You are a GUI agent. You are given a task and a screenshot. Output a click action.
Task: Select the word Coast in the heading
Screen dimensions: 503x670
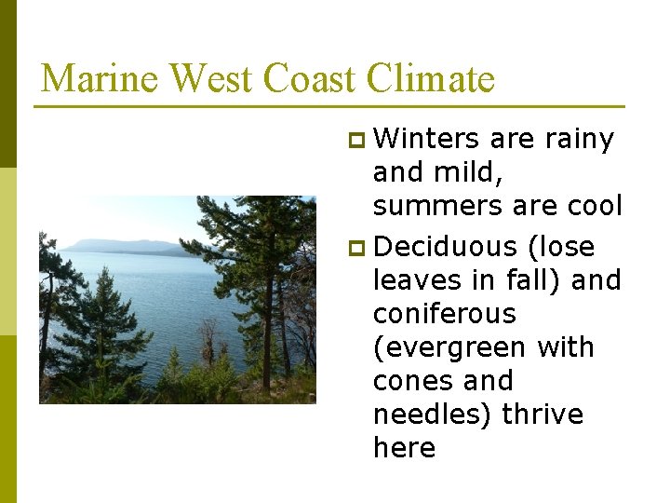click(310, 78)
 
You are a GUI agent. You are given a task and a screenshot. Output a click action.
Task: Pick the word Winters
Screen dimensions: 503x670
click(427, 139)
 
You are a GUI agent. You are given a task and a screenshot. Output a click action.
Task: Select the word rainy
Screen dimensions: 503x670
click(578, 139)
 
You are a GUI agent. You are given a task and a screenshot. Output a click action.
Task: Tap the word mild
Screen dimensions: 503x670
click(481, 172)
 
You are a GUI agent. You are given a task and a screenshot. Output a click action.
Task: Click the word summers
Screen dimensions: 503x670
click(430, 206)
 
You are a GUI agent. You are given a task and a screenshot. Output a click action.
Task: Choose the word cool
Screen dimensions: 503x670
click(590, 206)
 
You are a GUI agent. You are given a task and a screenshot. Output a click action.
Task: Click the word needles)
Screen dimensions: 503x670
click(433, 415)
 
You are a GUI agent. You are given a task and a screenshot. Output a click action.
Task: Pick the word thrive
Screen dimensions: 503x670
click(543, 415)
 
